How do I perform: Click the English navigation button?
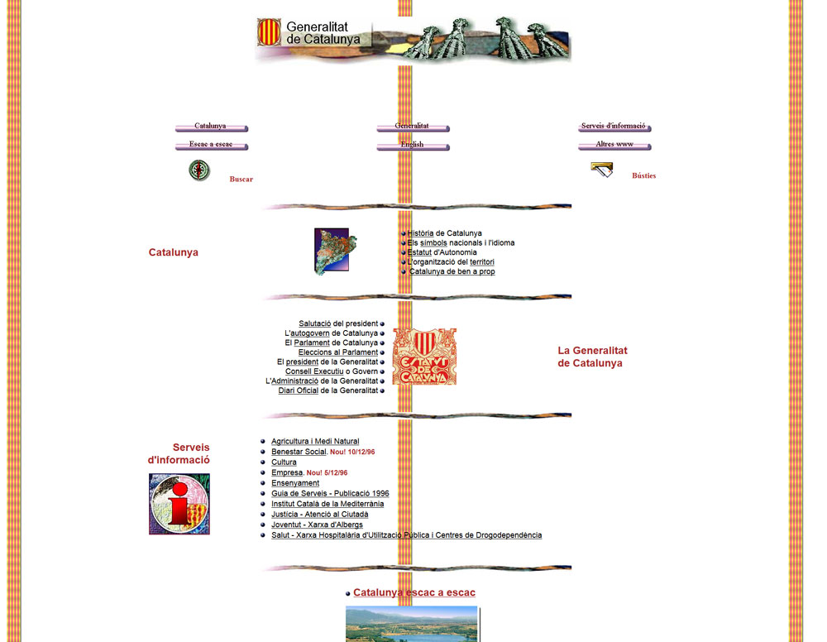(x=413, y=145)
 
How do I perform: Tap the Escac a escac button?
(x=212, y=145)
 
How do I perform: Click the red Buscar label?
(x=241, y=180)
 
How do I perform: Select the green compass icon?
(x=199, y=170)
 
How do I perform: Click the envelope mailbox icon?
(x=602, y=170)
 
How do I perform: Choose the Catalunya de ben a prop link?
(x=452, y=271)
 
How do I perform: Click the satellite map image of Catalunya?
(x=336, y=252)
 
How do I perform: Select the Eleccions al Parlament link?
(x=338, y=352)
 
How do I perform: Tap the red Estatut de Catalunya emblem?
(x=424, y=357)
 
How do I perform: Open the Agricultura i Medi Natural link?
(x=315, y=441)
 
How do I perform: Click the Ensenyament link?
(x=295, y=482)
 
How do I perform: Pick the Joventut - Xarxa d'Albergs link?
(x=317, y=525)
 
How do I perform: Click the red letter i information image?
(x=179, y=504)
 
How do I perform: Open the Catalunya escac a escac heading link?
(x=414, y=592)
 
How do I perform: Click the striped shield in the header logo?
(x=269, y=31)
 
